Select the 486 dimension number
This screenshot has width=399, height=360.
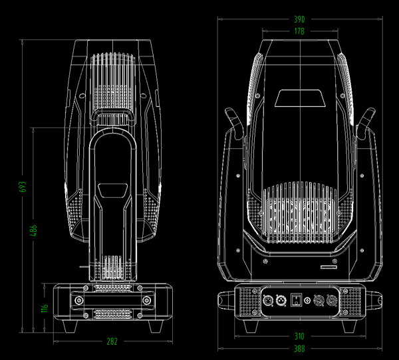(x=33, y=230)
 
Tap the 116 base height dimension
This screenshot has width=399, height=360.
(x=45, y=309)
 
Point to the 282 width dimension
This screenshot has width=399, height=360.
(x=112, y=341)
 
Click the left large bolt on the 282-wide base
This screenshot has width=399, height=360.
(x=80, y=301)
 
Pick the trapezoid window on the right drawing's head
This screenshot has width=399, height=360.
(x=300, y=98)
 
